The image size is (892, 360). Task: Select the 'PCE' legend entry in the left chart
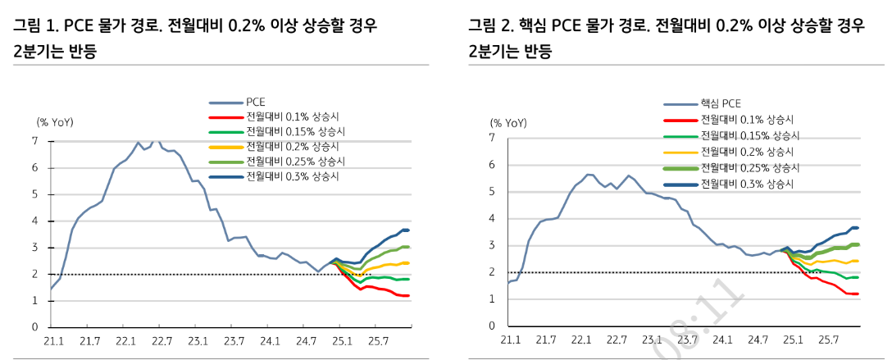(x=254, y=103)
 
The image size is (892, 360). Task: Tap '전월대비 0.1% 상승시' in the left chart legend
(x=295, y=117)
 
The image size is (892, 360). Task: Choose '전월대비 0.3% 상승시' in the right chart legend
(x=749, y=182)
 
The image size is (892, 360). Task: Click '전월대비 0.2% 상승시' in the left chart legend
(x=295, y=147)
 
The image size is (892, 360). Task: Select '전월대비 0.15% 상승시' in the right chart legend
(x=749, y=135)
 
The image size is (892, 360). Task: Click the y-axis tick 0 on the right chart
(x=489, y=326)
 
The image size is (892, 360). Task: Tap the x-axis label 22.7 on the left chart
(x=162, y=339)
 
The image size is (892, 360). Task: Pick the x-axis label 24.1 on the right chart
(x=722, y=339)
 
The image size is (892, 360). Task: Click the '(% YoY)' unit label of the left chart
(x=55, y=122)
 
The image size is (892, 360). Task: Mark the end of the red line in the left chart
(x=408, y=295)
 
